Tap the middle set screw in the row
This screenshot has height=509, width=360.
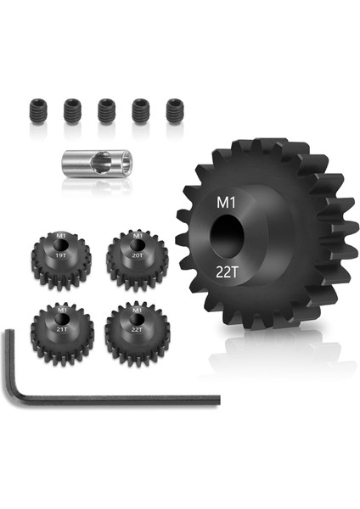coord(105,109)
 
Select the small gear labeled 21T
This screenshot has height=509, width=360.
coord(59,328)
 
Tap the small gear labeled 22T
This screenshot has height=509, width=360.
coord(136,328)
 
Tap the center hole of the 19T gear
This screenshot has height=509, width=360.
coord(59,244)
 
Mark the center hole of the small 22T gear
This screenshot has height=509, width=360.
coord(136,315)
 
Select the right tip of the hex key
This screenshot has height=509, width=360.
coord(217,398)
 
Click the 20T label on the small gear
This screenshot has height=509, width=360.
coord(137,252)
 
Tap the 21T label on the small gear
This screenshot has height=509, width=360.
coord(59,322)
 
